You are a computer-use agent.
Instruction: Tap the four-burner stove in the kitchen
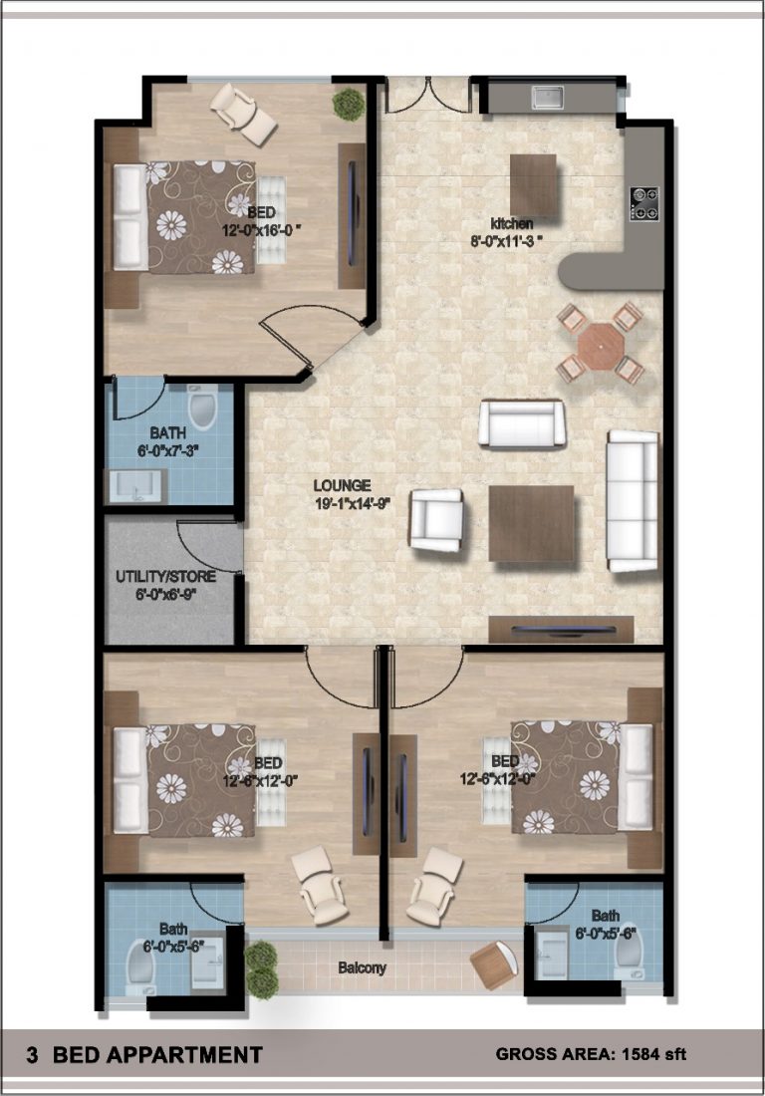click(644, 202)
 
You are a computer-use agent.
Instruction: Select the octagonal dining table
click(600, 343)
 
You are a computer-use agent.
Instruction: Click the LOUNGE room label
click(343, 486)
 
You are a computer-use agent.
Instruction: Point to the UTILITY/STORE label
click(165, 577)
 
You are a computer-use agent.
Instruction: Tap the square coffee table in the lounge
click(532, 523)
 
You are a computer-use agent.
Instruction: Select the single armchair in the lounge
click(436, 520)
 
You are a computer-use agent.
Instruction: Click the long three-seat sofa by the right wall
click(633, 500)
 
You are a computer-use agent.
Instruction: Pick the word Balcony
click(362, 968)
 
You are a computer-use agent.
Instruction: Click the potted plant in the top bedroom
click(348, 105)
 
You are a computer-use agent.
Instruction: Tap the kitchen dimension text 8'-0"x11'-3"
click(507, 241)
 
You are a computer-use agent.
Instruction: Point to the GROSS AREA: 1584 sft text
click(591, 1054)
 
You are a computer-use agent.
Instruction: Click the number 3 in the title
click(32, 1054)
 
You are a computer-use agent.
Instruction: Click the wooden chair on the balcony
click(495, 963)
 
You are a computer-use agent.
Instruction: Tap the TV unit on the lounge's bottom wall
click(561, 629)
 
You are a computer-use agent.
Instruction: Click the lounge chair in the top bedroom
click(244, 114)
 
